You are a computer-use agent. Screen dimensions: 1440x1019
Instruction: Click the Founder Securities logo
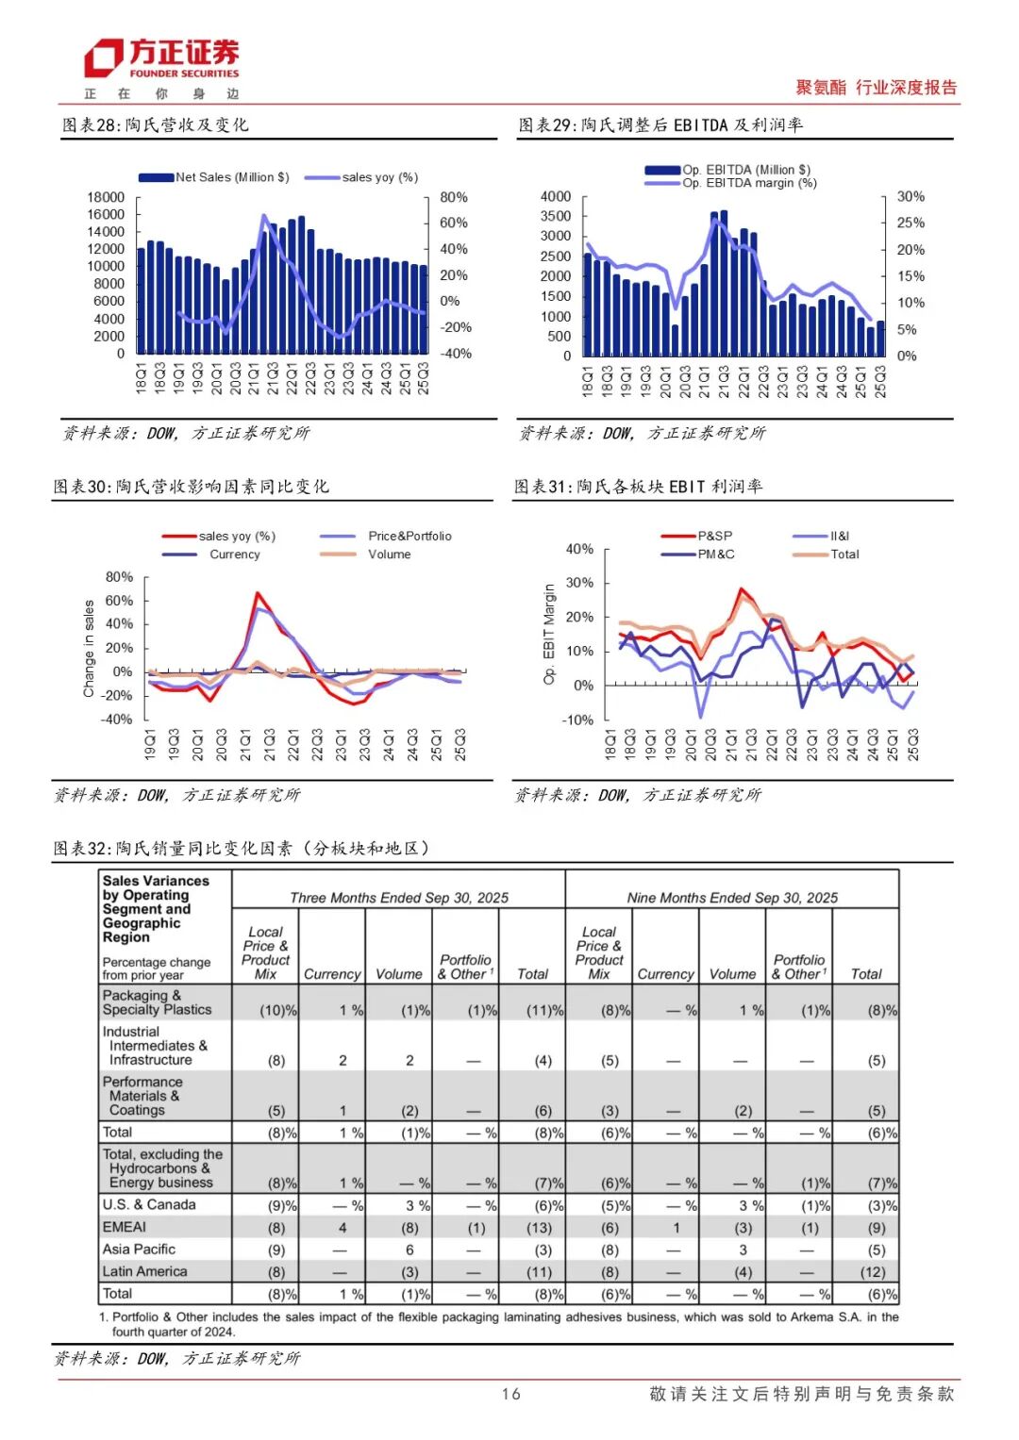point(161,59)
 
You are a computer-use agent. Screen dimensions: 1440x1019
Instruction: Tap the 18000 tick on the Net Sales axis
point(106,197)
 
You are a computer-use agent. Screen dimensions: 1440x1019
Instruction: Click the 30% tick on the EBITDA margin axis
point(910,196)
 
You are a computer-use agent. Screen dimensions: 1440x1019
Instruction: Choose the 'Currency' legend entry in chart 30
point(234,554)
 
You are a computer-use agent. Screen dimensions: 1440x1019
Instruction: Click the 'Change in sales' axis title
point(89,649)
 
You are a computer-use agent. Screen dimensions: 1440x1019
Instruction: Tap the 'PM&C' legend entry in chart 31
point(715,554)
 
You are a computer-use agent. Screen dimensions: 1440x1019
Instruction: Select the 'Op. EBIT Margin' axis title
point(549,634)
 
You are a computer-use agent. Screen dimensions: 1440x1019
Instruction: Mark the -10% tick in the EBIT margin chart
point(579,720)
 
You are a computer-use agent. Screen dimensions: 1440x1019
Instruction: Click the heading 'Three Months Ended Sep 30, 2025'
point(398,898)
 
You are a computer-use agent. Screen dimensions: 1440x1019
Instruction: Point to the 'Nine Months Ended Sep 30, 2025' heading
point(732,898)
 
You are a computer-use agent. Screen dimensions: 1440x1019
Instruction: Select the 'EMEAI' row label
point(125,1227)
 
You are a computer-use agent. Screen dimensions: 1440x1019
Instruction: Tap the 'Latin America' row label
point(144,1271)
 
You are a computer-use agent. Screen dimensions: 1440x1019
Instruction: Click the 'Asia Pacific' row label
point(139,1250)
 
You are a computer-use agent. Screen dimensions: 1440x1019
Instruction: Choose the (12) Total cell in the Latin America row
point(874,1272)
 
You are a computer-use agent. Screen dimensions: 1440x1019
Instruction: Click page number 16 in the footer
point(510,1394)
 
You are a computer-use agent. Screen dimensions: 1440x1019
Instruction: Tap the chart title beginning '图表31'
point(638,487)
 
